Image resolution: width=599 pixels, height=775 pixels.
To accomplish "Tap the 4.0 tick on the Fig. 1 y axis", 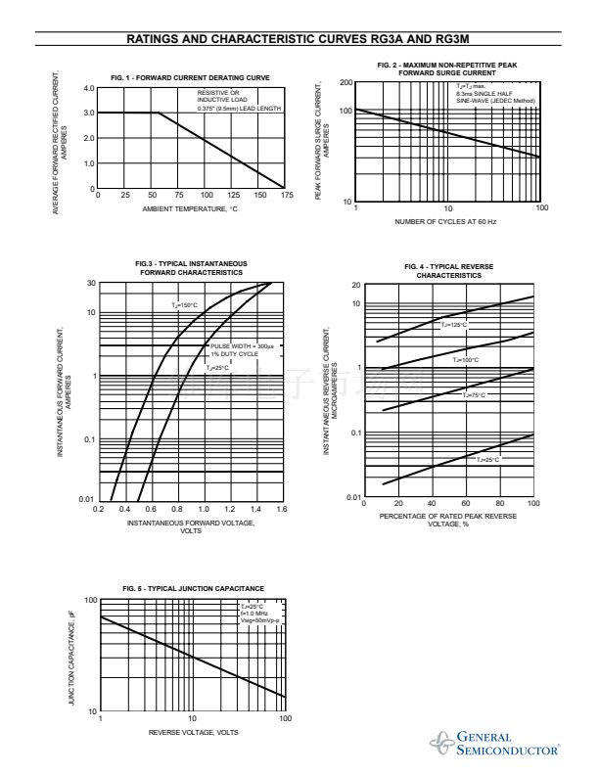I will coord(89,88).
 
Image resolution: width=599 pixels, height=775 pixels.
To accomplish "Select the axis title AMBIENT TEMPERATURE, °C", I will coord(190,209).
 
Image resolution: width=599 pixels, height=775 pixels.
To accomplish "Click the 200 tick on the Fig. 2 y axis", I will coord(346,82).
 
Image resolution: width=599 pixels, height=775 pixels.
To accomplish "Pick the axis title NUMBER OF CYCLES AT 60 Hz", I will coord(445,222).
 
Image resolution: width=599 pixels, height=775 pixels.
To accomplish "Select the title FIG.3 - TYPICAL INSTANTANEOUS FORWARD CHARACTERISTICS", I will coord(190,268).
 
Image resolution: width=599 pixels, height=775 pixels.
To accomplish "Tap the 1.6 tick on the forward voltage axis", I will coord(282,510).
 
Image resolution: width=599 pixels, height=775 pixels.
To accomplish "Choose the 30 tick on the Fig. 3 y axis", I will coord(90,284).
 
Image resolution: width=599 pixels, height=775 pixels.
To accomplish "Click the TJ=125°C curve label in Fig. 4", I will coord(453,324).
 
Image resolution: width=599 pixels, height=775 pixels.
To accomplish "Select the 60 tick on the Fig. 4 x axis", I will coord(466,503).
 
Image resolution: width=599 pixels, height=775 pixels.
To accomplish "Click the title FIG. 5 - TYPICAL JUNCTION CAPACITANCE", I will coord(193,587).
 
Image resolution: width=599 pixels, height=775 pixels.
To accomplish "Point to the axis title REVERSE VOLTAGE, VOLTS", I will coord(193,732).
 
